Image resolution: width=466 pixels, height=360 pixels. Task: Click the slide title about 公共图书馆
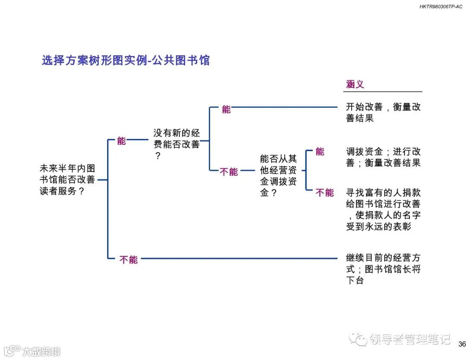point(126,60)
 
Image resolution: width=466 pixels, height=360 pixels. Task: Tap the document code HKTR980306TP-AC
point(441,7)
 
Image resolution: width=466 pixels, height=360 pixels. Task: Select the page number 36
point(462,344)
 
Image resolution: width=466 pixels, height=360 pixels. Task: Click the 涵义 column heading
point(355,84)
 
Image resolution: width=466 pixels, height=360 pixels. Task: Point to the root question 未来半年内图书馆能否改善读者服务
point(67,180)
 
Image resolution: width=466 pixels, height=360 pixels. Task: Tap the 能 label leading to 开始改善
point(227,109)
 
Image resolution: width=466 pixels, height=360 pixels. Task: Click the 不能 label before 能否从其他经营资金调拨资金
point(229,172)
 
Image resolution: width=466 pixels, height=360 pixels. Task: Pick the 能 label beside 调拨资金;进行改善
point(320,152)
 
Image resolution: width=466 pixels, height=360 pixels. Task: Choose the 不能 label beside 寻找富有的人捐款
point(324,193)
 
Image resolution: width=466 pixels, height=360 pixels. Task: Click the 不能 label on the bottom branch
point(128,260)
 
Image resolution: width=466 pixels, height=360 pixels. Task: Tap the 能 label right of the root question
point(122,141)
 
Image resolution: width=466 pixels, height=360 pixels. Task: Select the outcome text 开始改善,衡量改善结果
point(383,112)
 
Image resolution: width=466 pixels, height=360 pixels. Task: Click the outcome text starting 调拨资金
point(383,157)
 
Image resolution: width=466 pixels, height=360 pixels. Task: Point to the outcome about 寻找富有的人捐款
point(383,209)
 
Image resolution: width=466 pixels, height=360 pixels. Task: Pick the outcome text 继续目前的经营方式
point(383,269)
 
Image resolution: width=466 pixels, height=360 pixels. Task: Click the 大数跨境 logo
point(32,351)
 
